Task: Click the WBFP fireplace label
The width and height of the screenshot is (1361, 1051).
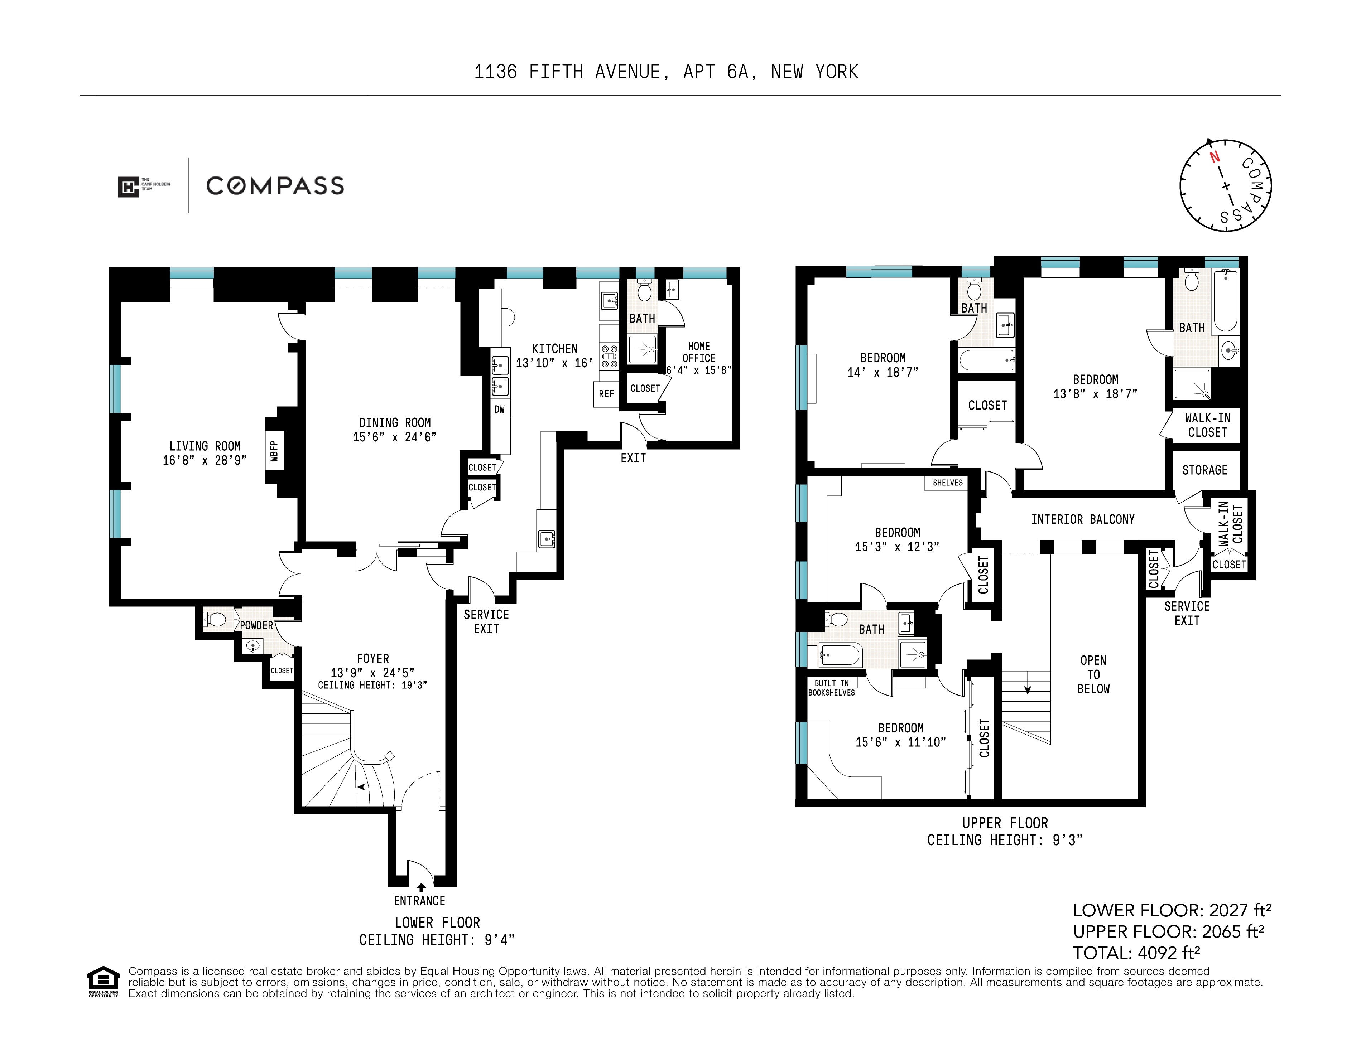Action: click(x=274, y=450)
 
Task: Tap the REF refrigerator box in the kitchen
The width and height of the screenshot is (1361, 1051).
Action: click(x=606, y=394)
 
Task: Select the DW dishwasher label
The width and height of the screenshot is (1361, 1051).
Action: click(x=499, y=409)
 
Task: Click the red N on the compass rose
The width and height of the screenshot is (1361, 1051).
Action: click(x=1214, y=157)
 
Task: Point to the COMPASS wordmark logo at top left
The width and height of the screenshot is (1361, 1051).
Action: click(x=275, y=186)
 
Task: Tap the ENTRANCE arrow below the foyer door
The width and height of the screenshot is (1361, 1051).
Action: click(x=421, y=887)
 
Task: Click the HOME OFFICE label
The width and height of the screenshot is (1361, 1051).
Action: click(x=698, y=352)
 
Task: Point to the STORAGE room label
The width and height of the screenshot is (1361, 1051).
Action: click(x=1204, y=470)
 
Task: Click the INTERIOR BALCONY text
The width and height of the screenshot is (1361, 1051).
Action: click(x=1082, y=519)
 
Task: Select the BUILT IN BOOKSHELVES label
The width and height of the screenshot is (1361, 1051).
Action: click(x=831, y=688)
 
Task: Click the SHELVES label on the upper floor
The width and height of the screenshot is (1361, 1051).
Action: click(x=947, y=483)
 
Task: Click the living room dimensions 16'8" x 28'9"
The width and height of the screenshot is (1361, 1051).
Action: click(x=205, y=460)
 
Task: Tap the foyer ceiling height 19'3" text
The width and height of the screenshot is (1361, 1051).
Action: click(x=372, y=685)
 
